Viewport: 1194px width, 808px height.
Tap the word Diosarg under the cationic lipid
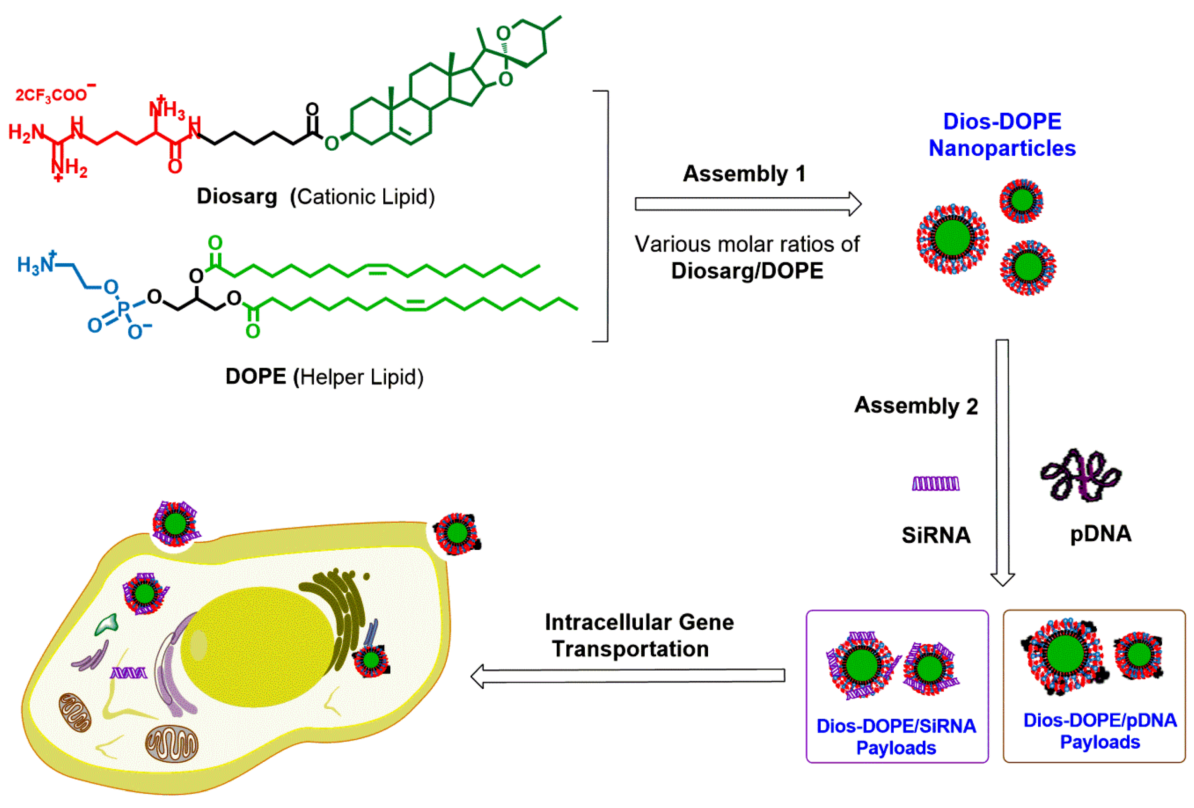237,197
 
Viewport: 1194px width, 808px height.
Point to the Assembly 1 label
744,174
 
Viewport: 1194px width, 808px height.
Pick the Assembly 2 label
916,406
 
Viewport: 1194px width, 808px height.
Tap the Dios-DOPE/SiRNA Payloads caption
896,737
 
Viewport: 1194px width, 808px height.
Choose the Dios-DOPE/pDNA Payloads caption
1099,731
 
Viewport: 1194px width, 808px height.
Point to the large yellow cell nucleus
257,647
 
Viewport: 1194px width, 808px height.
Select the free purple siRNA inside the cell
128,672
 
